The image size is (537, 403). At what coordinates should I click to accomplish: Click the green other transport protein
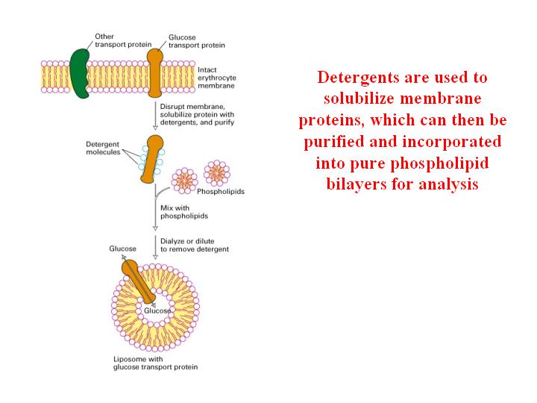[x=80, y=73]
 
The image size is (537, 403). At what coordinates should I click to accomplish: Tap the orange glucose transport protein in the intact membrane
[x=154, y=73]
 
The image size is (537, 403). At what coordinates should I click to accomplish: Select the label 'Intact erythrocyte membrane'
[x=217, y=78]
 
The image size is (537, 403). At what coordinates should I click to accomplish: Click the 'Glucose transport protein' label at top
[x=197, y=41]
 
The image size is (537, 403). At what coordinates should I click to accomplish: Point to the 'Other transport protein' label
[x=123, y=40]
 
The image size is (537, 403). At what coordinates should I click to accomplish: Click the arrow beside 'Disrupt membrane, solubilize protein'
[x=155, y=116]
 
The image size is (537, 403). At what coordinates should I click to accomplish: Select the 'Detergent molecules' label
[x=103, y=148]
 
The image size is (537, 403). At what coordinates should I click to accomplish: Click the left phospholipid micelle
[x=185, y=181]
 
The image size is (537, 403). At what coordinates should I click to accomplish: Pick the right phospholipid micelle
[x=217, y=173]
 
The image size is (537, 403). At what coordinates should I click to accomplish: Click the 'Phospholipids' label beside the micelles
[x=221, y=192]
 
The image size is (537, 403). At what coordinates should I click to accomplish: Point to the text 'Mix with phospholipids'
[x=184, y=212]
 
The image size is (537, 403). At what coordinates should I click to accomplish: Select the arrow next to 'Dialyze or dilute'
[x=155, y=248]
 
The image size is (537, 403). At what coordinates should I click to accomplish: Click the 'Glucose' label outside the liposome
[x=122, y=249]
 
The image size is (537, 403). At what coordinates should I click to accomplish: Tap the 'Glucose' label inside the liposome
[x=157, y=310]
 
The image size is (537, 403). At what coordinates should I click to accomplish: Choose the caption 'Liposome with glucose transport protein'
[x=155, y=363]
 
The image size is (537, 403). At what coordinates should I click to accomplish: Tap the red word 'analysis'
[x=448, y=185]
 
